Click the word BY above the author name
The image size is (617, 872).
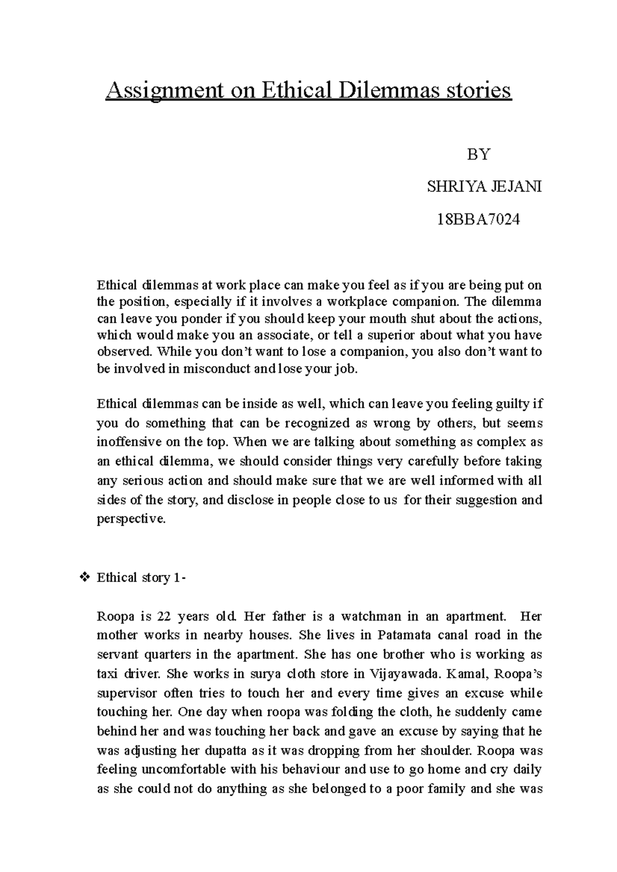478,154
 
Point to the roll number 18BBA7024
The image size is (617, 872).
478,220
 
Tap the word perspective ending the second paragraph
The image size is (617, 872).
131,519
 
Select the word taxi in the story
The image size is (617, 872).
108,674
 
